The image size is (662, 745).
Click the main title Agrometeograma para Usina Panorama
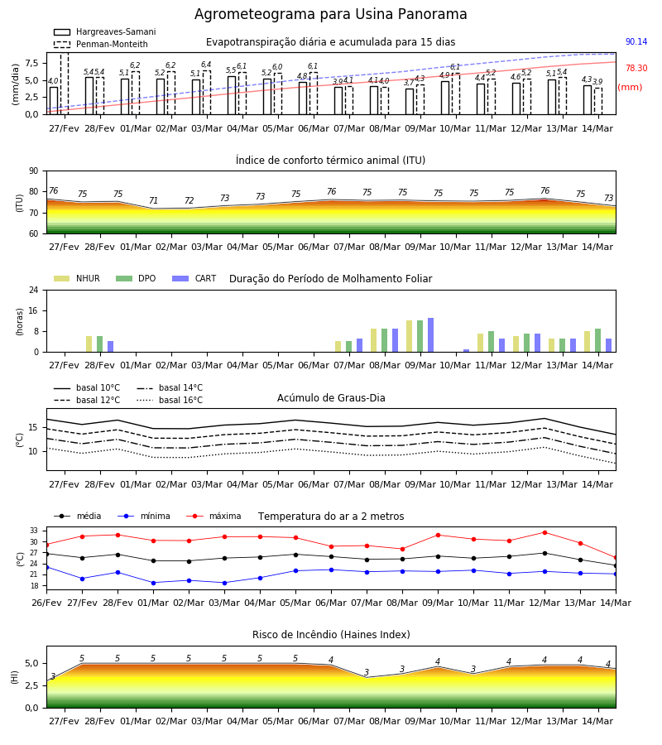click(x=330, y=14)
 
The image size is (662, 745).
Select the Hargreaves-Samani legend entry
click(x=105, y=31)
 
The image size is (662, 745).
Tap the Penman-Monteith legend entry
click(x=101, y=44)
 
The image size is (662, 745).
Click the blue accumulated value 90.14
click(x=636, y=42)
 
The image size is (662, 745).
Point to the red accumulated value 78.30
click(x=636, y=69)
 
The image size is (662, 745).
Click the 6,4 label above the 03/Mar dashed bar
click(x=206, y=65)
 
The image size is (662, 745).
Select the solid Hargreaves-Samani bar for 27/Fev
click(x=54, y=101)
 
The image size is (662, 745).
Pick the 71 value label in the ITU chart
click(x=153, y=200)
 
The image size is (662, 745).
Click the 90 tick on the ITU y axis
click(x=34, y=171)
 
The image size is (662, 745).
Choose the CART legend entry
click(x=194, y=278)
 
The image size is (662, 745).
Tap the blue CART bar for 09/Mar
click(x=431, y=335)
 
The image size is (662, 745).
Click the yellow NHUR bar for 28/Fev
click(x=89, y=344)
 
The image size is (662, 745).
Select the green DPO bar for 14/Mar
click(x=598, y=341)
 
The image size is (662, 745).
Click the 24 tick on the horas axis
click(x=34, y=291)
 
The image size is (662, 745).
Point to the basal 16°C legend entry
click(x=170, y=400)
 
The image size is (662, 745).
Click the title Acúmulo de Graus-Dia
click(x=331, y=398)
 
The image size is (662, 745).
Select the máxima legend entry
click(x=213, y=516)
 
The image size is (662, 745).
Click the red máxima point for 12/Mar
click(x=544, y=532)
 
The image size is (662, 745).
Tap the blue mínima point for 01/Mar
click(x=153, y=583)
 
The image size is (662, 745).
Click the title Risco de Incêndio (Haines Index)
click(x=331, y=635)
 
